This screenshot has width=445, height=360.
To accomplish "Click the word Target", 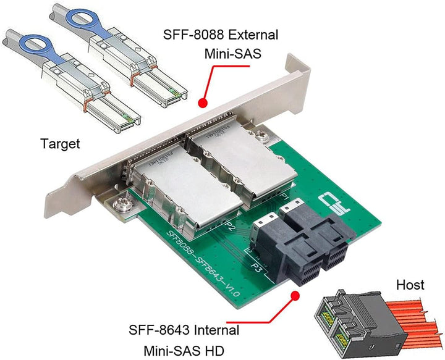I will (x=60, y=144).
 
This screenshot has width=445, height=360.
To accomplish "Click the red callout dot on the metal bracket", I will (x=201, y=103).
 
